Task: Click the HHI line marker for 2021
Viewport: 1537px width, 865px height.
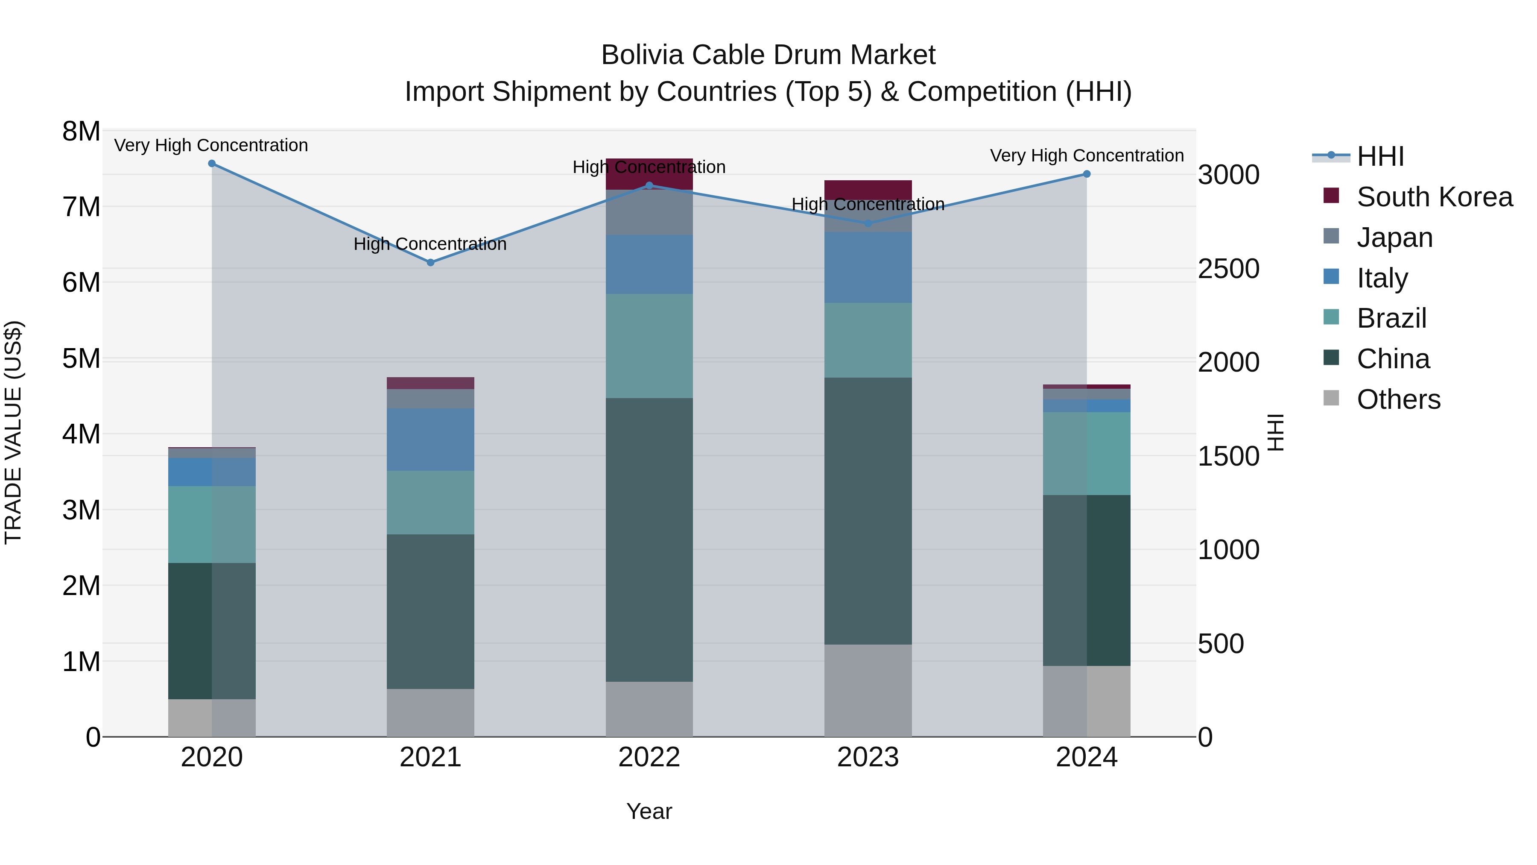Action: (x=430, y=263)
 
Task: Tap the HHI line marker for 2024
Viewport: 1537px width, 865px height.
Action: (x=1087, y=174)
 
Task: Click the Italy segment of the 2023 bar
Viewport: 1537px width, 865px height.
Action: (x=868, y=267)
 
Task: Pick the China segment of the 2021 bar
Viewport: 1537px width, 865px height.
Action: (x=430, y=611)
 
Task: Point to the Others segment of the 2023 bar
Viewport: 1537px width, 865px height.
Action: (x=868, y=690)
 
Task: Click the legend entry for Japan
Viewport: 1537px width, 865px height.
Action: (x=1394, y=238)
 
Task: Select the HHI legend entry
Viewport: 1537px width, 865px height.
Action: (x=1379, y=156)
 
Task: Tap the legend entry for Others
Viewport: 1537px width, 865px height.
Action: (x=1398, y=399)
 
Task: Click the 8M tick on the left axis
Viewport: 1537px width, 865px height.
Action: (x=81, y=131)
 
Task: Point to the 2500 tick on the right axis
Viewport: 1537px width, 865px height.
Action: (x=1228, y=269)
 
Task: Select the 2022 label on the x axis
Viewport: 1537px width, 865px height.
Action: (x=649, y=757)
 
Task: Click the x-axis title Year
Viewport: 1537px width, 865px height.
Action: (x=649, y=811)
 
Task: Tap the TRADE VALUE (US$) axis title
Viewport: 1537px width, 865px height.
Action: (x=13, y=432)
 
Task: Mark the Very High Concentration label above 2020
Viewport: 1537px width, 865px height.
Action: (x=211, y=145)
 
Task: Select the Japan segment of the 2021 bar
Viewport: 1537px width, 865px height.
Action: (x=430, y=399)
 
